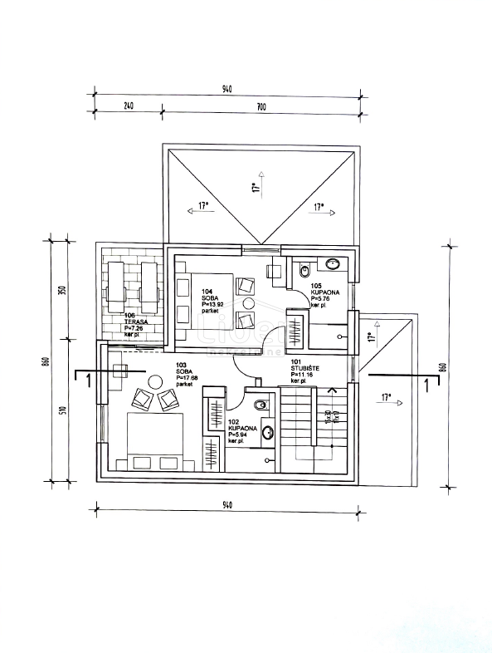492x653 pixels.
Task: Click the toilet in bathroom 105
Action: pyautogui.click(x=304, y=270)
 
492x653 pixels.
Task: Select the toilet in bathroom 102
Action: pyautogui.click(x=261, y=405)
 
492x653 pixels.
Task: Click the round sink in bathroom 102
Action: pyautogui.click(x=267, y=432)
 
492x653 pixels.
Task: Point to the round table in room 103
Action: pyautogui.click(x=154, y=381)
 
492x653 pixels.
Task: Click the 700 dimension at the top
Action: pyautogui.click(x=260, y=106)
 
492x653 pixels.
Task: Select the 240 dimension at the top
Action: pyautogui.click(x=129, y=106)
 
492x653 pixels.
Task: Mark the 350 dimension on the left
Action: pyautogui.click(x=61, y=293)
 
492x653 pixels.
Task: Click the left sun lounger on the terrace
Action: pyautogui.click(x=116, y=280)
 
